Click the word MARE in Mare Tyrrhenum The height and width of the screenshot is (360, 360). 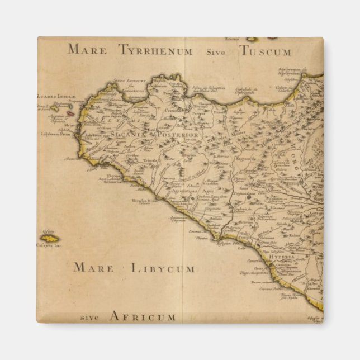87,49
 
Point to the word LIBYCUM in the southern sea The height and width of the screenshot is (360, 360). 163,268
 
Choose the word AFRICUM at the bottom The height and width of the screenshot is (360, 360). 143,317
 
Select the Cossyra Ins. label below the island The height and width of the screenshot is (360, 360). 50,245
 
